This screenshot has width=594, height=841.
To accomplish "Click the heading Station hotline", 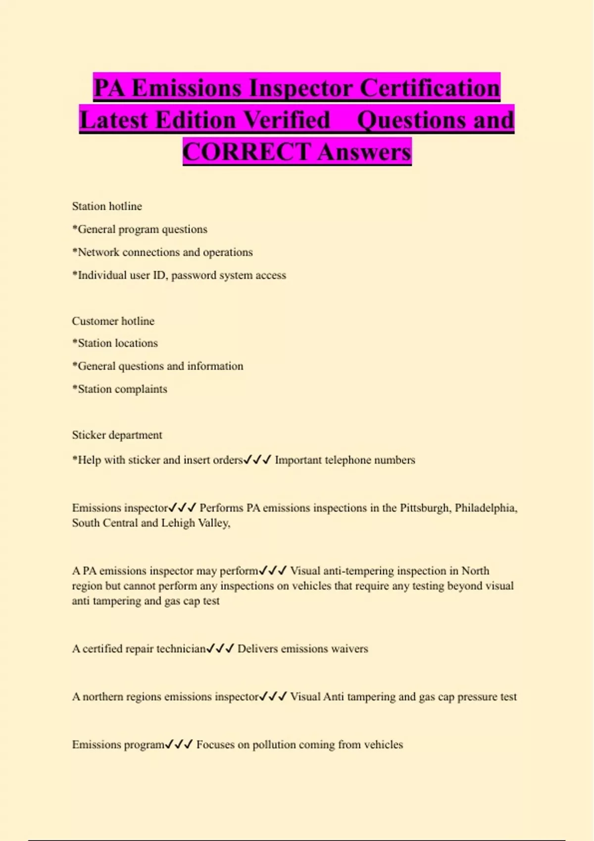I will (107, 206).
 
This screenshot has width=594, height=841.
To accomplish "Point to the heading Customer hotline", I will (113, 321).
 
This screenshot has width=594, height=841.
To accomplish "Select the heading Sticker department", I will (117, 435).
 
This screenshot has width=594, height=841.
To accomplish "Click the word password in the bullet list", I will (197, 276).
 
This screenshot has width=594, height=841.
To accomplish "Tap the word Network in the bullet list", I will (99, 252).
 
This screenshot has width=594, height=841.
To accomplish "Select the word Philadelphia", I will (486, 508).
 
